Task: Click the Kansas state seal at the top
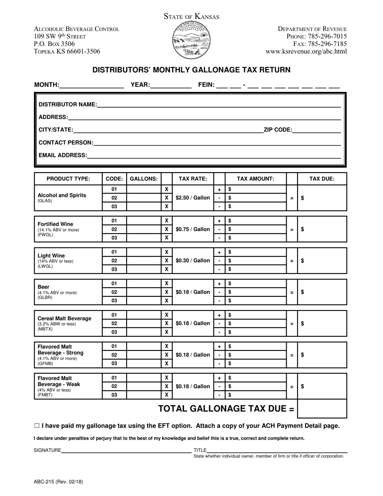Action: click(x=191, y=40)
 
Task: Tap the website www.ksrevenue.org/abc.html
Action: click(x=306, y=51)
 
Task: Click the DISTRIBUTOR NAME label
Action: click(x=67, y=104)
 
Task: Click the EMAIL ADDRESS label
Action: click(x=62, y=155)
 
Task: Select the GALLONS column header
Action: click(x=144, y=179)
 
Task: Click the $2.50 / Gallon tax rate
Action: click(x=193, y=198)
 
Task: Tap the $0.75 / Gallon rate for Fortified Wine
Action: click(x=193, y=229)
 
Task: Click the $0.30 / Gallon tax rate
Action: click(x=193, y=261)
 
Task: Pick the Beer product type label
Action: click(x=44, y=287)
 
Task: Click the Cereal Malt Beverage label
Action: click(x=64, y=318)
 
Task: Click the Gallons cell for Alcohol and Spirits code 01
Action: click(x=144, y=189)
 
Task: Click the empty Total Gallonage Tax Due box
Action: click(x=322, y=408)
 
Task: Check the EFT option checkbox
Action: click(x=37, y=425)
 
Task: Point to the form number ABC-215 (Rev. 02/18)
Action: click(x=58, y=481)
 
